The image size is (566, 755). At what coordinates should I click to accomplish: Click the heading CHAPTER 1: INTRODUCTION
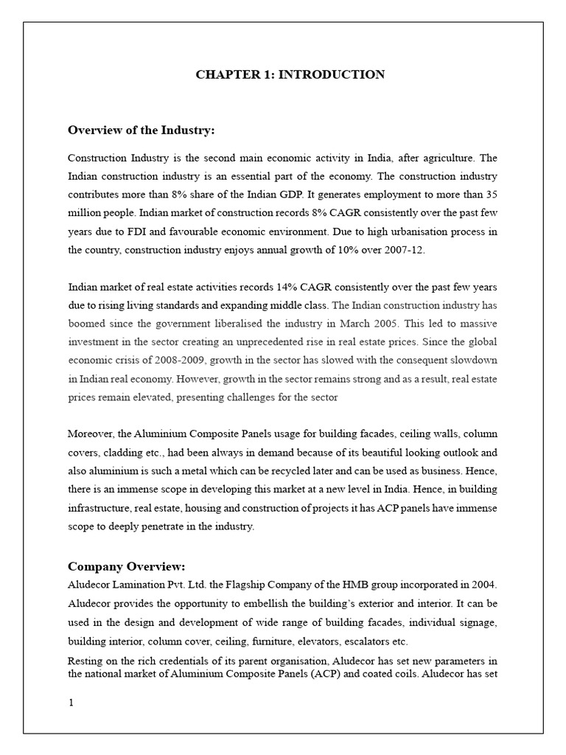290,74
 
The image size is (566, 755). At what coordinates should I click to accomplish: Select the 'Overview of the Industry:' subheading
141,131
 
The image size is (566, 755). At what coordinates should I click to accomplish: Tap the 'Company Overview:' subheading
126,566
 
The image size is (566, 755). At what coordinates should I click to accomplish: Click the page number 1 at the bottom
71,702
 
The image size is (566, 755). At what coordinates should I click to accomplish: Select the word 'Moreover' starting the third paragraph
91,433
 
